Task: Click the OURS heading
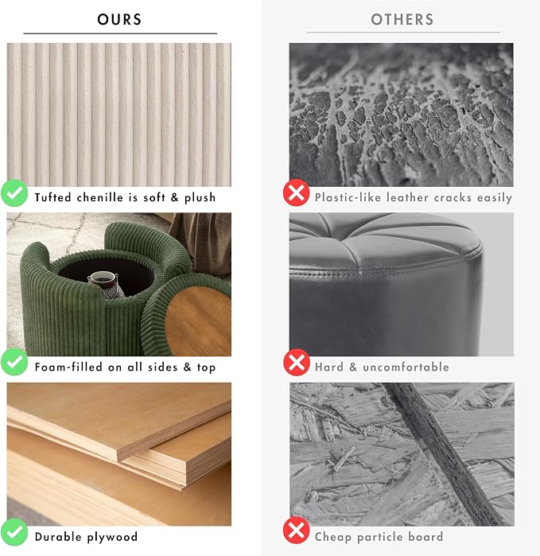[x=119, y=20]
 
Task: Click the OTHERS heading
[x=402, y=20]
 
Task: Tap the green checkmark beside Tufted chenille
[x=14, y=193]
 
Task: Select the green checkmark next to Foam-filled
[x=14, y=362]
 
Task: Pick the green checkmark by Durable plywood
[x=14, y=531]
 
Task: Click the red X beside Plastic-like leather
[x=297, y=192]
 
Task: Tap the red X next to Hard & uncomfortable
[x=297, y=362]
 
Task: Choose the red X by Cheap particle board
[x=297, y=530]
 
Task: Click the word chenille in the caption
[x=99, y=197]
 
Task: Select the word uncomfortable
[x=406, y=367]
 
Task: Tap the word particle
[x=379, y=537]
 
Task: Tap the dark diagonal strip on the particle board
[x=442, y=454]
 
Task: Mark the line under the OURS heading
[x=120, y=33]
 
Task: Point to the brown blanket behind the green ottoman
[x=203, y=241]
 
